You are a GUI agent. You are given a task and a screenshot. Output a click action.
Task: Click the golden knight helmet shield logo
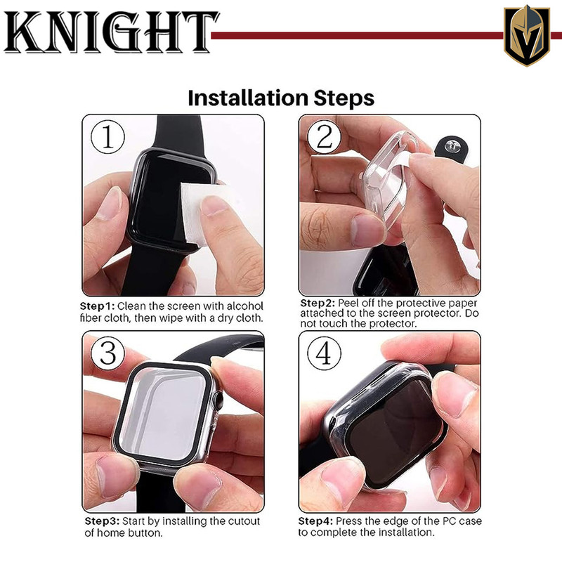coord(526,35)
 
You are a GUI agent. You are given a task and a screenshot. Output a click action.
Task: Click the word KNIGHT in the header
coord(111,32)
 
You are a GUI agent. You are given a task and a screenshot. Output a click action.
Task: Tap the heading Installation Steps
coord(281,98)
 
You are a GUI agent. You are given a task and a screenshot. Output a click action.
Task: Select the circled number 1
coord(107,137)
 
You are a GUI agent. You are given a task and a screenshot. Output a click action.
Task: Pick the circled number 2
coord(325,137)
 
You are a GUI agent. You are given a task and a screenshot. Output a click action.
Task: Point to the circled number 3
coord(107,353)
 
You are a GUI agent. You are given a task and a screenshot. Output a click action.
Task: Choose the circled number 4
coord(325,353)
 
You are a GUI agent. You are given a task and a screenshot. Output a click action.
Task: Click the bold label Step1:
coord(97,306)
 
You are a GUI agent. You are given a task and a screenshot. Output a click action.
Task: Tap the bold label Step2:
coord(318,303)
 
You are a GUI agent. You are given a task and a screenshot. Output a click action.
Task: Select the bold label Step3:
coord(102,521)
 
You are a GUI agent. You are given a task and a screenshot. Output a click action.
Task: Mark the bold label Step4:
coord(315,521)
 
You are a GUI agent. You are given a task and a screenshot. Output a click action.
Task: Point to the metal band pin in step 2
coord(450,145)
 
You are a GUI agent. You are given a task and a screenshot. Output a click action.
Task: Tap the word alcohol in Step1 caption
coord(245,306)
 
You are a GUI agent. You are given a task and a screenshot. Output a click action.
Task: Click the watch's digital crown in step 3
coord(217,399)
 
